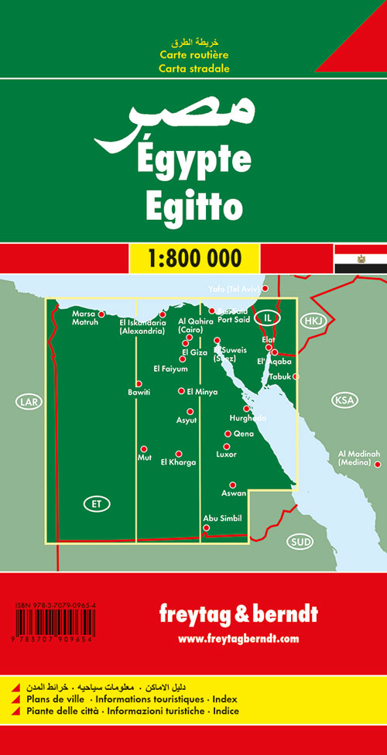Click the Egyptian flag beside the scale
[361, 258]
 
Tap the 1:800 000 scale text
[193, 258]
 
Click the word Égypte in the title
[193, 160]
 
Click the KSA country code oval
[344, 400]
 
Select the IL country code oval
[268, 317]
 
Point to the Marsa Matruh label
[84, 317]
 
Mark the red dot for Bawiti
[139, 384]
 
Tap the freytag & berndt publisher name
[238, 617]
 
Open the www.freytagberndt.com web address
[238, 639]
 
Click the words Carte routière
[193, 56]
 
